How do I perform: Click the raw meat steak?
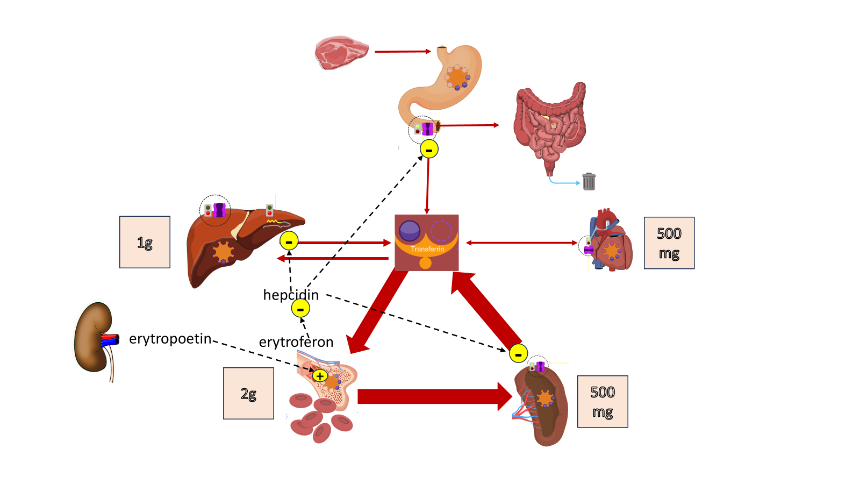[x=341, y=53]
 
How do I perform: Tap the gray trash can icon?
[x=589, y=182]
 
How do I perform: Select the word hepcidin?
[x=291, y=295]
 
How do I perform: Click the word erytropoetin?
[x=170, y=339]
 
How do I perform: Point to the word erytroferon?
[x=296, y=342]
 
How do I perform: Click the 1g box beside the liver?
[x=145, y=242]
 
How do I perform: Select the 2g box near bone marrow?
[x=248, y=393]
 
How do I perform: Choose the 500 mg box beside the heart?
[x=669, y=243]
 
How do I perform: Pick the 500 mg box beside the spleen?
[x=603, y=401]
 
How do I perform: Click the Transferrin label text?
[x=427, y=249]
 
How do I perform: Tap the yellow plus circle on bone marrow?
[x=320, y=376]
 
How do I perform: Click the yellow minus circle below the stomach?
[x=429, y=149]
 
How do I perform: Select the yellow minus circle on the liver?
[x=289, y=241]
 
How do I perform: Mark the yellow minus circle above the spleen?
[x=518, y=353]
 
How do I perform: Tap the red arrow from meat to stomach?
[x=403, y=51]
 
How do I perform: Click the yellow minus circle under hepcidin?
[x=300, y=309]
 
